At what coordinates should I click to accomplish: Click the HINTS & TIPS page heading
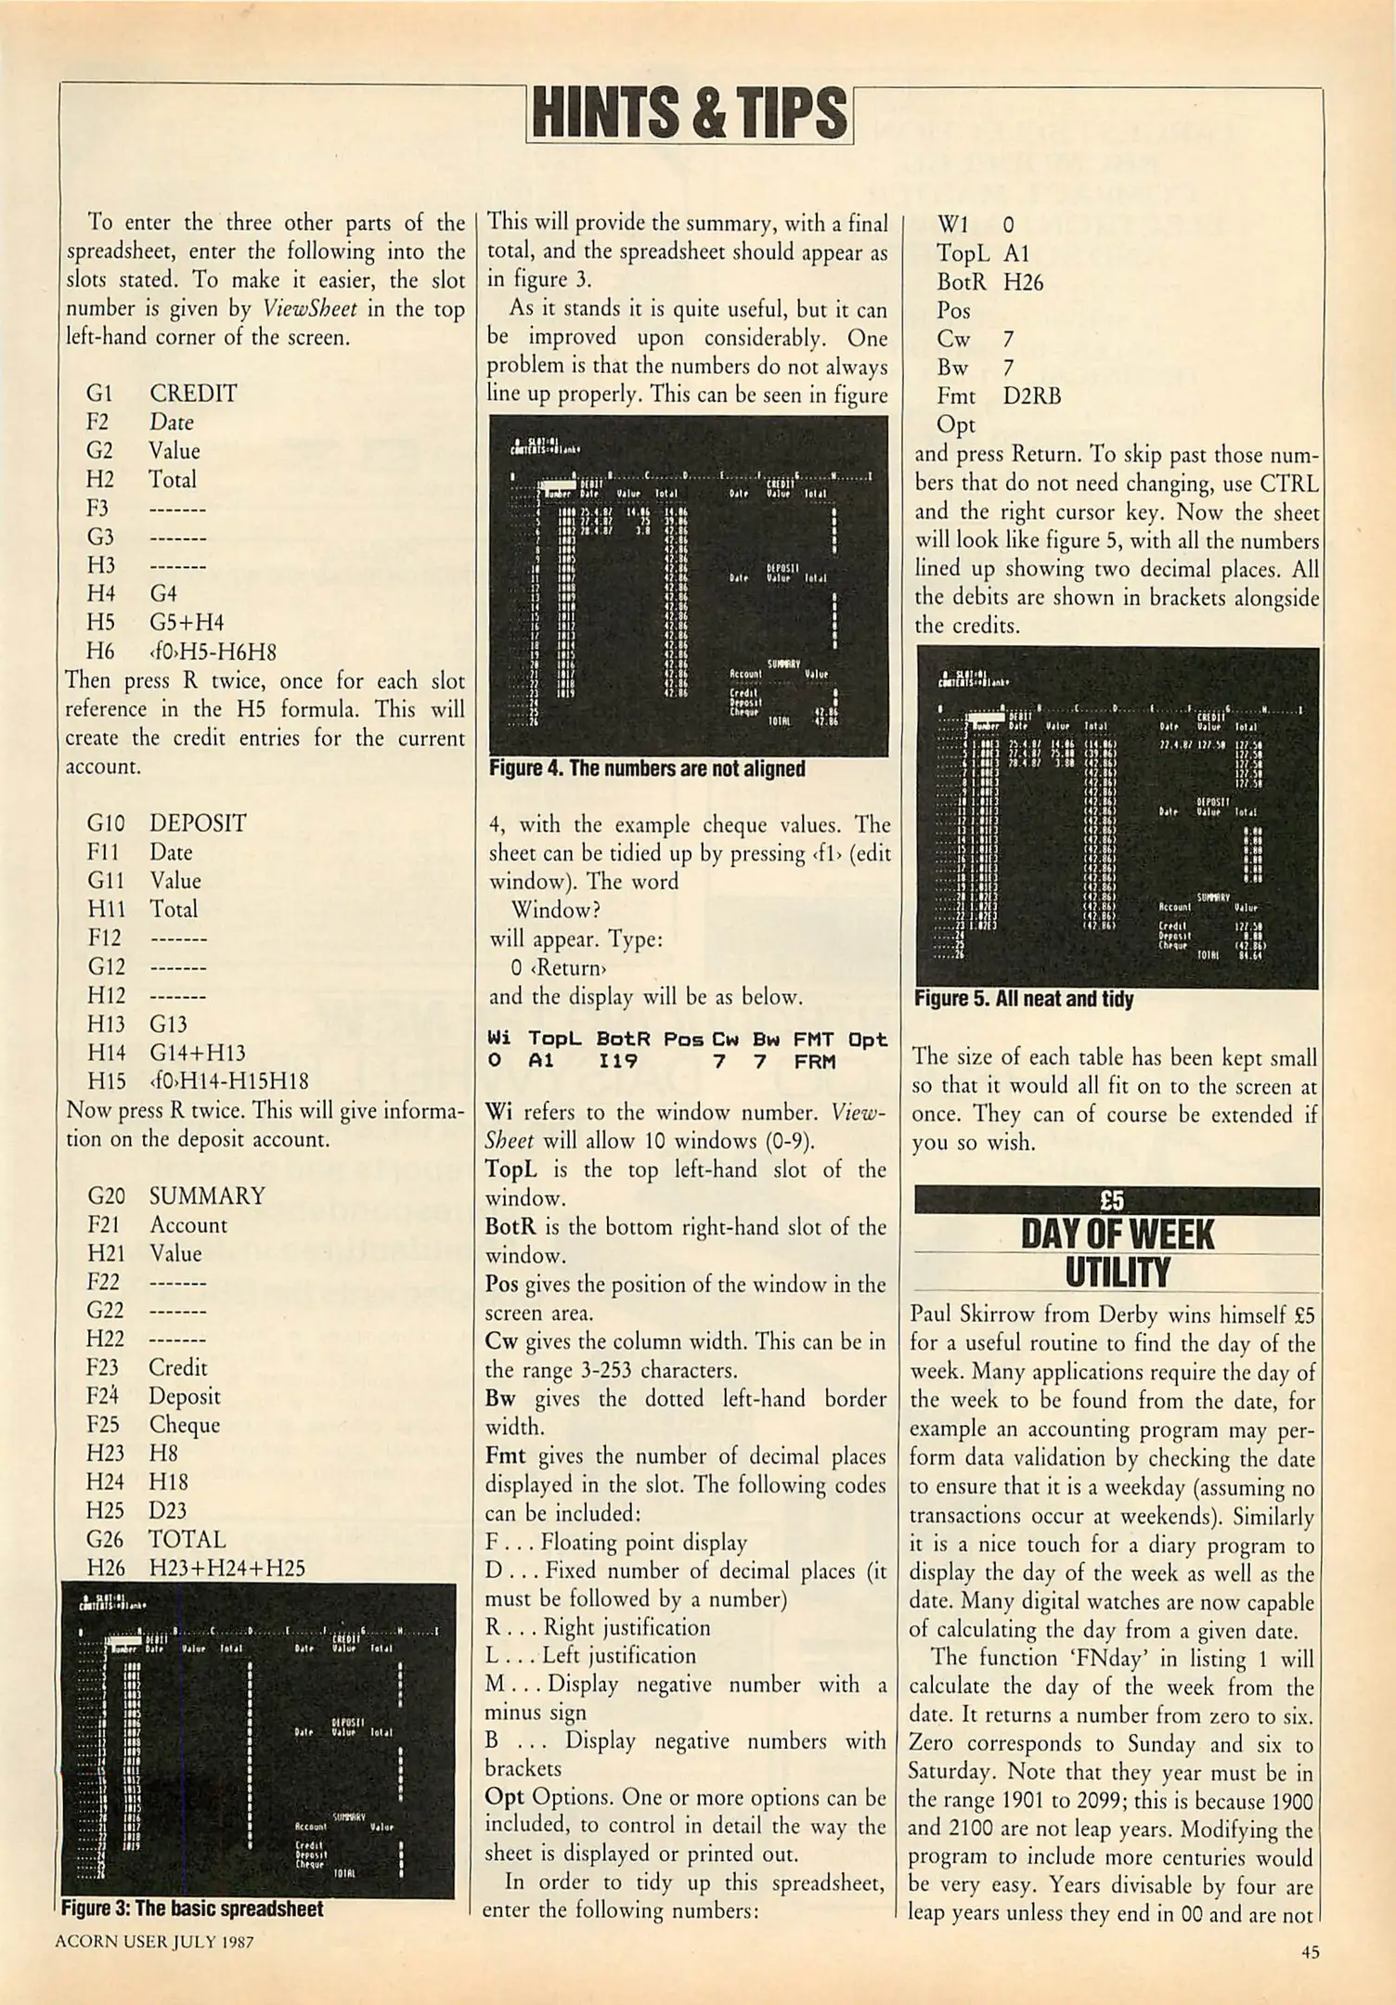[x=689, y=114]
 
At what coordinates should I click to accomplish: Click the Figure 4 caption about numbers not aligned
[x=647, y=769]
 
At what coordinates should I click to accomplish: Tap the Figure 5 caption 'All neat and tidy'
[x=1023, y=999]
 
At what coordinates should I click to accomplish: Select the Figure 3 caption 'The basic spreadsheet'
[x=192, y=1908]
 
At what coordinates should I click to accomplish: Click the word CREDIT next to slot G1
[x=193, y=394]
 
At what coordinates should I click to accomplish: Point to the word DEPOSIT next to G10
[x=198, y=823]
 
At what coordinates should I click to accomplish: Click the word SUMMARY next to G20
[x=207, y=1196]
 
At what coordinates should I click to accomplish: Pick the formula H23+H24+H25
[x=227, y=1568]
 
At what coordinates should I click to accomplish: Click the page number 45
[x=1310, y=1952]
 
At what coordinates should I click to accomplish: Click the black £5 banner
[x=1116, y=1201]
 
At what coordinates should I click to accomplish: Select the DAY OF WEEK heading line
[x=1117, y=1235]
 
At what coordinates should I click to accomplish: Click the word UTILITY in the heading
[x=1117, y=1273]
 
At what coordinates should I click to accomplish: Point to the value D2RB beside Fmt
[x=1031, y=396]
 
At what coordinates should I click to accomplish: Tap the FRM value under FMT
[x=814, y=1061]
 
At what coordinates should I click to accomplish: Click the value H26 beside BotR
[x=1023, y=282]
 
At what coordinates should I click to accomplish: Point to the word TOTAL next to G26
[x=187, y=1539]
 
